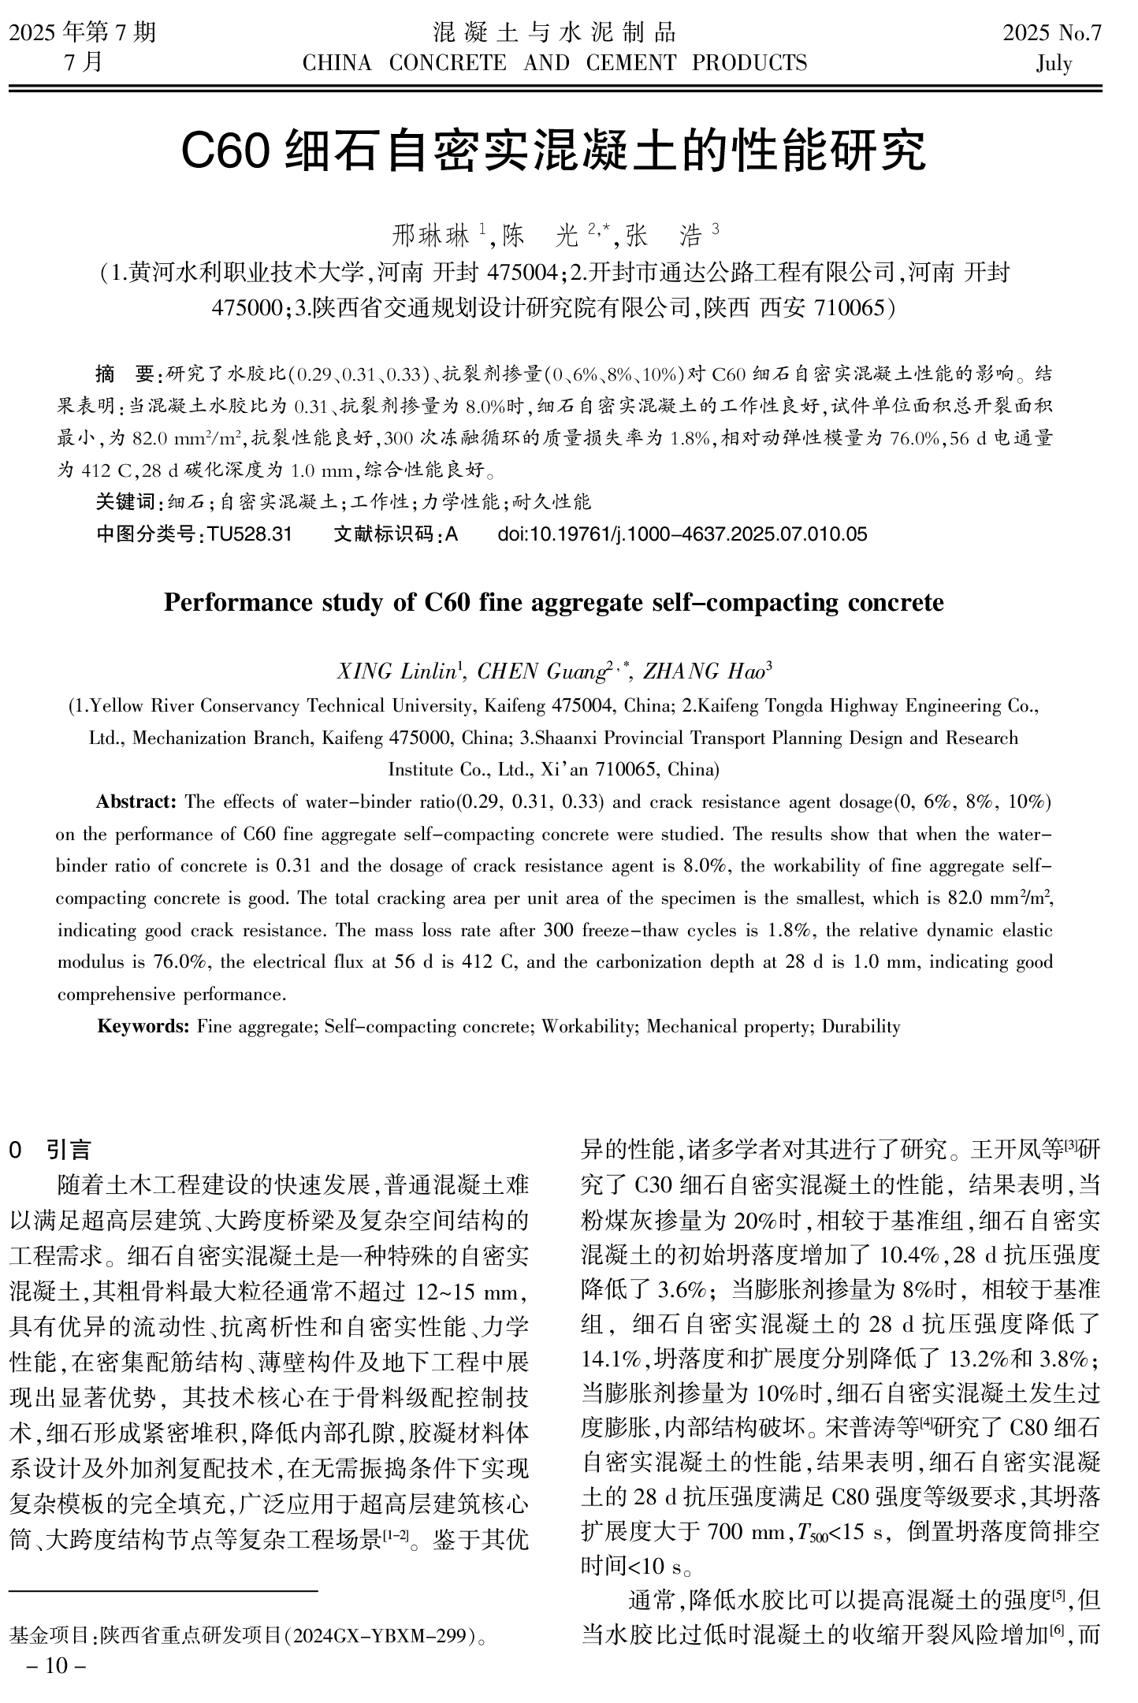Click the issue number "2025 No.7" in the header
tap(1051, 33)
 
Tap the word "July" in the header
tap(1054, 63)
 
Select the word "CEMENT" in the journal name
tap(630, 63)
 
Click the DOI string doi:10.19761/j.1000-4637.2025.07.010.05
tap(682, 534)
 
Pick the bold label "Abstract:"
tap(136, 802)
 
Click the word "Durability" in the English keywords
tap(861, 1026)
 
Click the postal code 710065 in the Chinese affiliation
tap(850, 307)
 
